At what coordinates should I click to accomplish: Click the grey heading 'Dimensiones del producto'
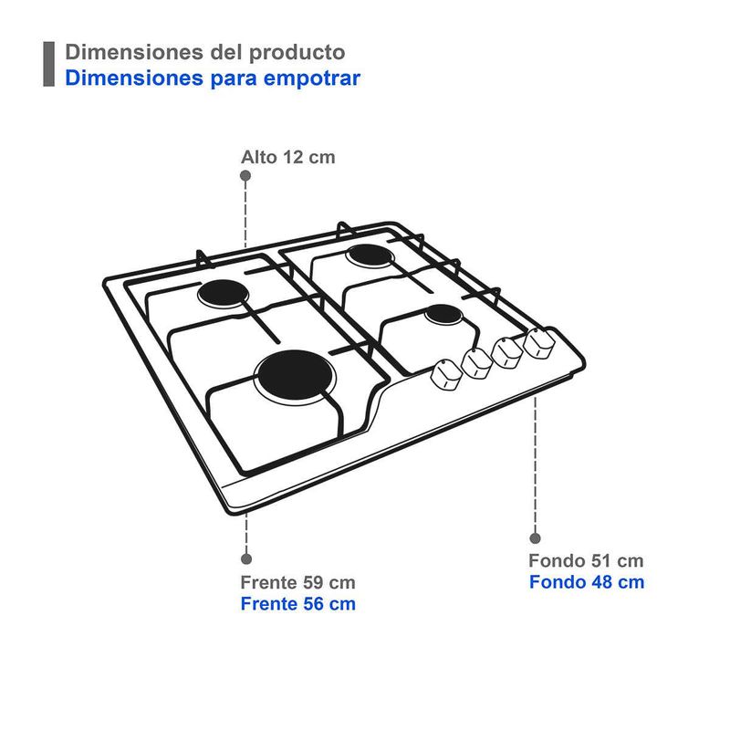click(x=204, y=52)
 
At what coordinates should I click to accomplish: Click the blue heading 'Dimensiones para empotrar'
click(x=213, y=78)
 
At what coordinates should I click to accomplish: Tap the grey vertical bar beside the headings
click(x=49, y=64)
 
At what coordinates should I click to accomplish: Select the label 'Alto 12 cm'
click(x=287, y=157)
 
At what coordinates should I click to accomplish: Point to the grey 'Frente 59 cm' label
click(x=297, y=582)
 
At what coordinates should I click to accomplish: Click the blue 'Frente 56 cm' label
click(x=297, y=604)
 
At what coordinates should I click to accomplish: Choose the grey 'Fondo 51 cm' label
click(x=586, y=560)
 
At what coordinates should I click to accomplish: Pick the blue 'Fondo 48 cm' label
click(x=586, y=582)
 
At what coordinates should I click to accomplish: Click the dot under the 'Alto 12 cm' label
click(x=245, y=177)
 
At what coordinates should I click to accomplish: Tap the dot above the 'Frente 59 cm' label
click(x=245, y=558)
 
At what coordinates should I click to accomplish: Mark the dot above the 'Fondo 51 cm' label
click(x=535, y=538)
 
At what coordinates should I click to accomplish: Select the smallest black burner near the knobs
click(x=443, y=316)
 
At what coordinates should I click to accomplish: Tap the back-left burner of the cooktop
click(x=224, y=294)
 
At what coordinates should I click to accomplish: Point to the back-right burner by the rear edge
click(x=369, y=255)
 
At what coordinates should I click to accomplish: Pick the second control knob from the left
click(x=478, y=363)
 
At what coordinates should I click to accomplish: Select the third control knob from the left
click(x=507, y=351)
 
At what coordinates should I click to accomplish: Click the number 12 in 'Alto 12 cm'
click(x=292, y=157)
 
